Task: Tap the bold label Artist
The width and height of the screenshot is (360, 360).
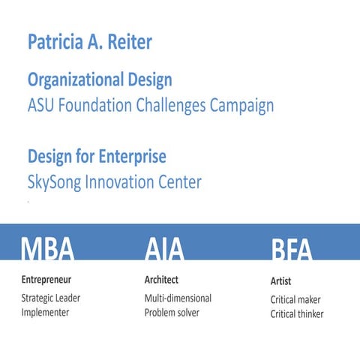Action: click(x=280, y=282)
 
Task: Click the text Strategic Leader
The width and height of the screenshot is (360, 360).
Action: click(x=51, y=298)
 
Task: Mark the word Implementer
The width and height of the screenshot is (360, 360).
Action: click(x=46, y=312)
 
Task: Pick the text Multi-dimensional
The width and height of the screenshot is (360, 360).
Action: click(x=178, y=298)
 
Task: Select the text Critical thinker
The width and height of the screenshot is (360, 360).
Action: click(x=297, y=314)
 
